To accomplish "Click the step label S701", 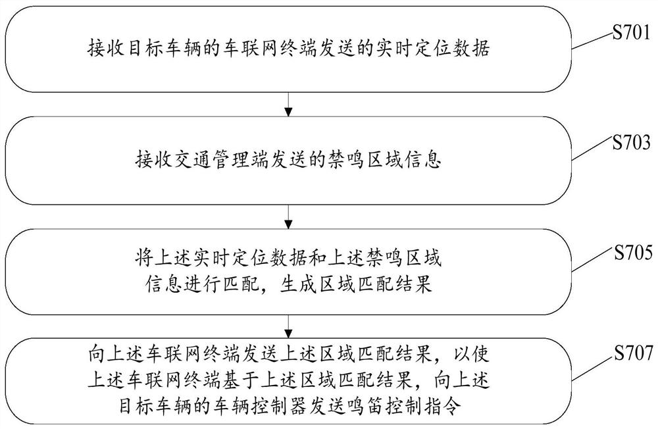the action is [631, 32].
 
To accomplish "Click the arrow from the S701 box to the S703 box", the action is [288, 104].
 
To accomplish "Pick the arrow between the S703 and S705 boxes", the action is [288, 216].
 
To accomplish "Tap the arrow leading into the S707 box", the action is [288, 326].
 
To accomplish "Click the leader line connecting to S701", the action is [592, 41].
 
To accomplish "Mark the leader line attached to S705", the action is [593, 261].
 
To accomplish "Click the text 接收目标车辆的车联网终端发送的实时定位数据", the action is [288, 48].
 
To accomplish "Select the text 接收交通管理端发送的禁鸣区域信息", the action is [288, 161].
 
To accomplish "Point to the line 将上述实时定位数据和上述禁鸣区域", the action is [288, 257].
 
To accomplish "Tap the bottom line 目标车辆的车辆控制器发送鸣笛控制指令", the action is [288, 407].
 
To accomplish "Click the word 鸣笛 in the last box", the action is [365, 407].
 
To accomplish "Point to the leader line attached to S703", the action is [592, 151].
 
